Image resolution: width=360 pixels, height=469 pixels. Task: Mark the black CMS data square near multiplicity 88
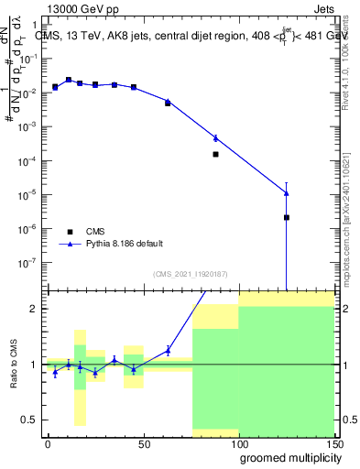[215, 154]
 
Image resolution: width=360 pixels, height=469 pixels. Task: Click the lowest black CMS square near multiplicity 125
[287, 217]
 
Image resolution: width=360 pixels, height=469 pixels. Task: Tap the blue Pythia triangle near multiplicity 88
[215, 138]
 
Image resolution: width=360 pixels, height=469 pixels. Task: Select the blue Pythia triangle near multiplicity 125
[287, 192]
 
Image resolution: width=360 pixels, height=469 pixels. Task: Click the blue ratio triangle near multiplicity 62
[168, 349]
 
